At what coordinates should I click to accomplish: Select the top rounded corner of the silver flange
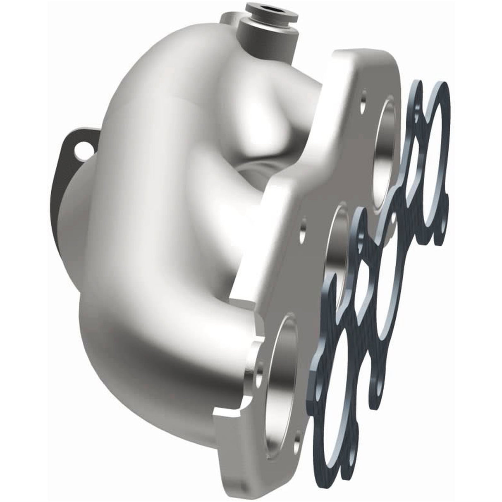(351, 58)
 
